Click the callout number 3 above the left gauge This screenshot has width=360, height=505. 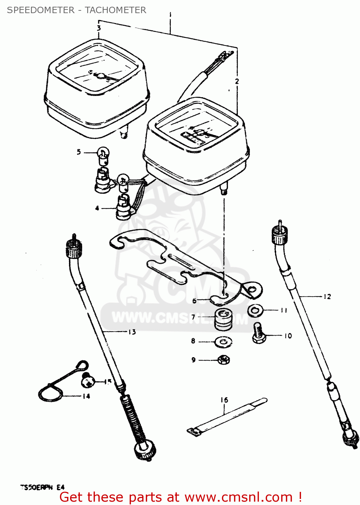pos(99,28)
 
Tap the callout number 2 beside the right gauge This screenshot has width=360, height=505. pos(237,81)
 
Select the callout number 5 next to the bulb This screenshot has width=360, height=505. pos(79,152)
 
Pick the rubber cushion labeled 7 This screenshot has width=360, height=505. pos(223,320)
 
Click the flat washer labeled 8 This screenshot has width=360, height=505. pos(223,342)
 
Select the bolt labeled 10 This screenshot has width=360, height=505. pos(259,333)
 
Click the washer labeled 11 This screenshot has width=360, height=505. pos(256,310)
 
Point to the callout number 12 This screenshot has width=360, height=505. pos(327,297)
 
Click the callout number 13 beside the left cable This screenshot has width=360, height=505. pos(132,332)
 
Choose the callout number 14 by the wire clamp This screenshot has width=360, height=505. pos(86,396)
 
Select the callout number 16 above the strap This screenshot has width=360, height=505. pos(224,400)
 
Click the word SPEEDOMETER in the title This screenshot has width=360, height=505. pos(41,10)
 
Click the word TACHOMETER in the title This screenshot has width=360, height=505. pos(116,10)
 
